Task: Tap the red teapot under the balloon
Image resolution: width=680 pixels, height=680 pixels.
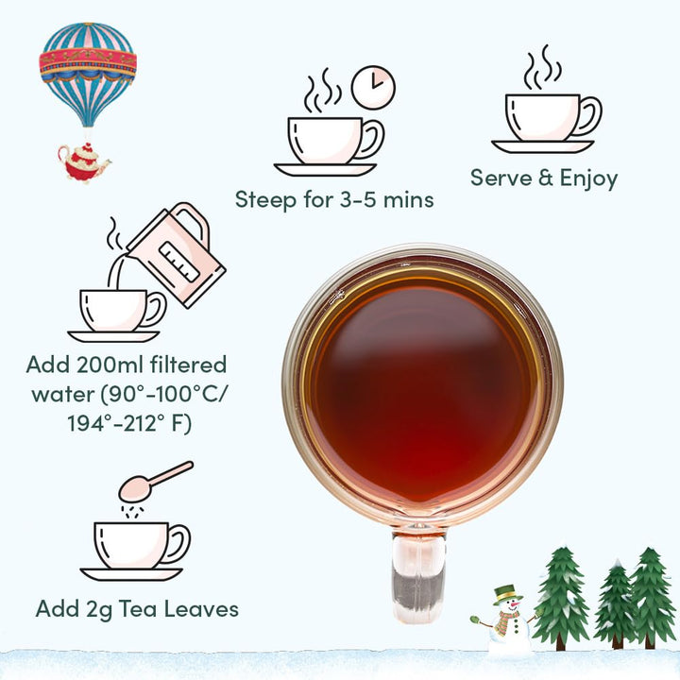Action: [x=84, y=161]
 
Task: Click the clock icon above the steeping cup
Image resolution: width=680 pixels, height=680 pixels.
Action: [x=373, y=87]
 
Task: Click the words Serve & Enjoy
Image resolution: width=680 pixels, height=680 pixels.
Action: [x=544, y=178]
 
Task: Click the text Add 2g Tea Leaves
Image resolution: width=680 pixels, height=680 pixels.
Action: [x=137, y=607]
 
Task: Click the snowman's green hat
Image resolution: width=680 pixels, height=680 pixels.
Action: [x=507, y=593]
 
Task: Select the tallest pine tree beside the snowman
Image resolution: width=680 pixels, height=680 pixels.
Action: [x=561, y=596]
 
